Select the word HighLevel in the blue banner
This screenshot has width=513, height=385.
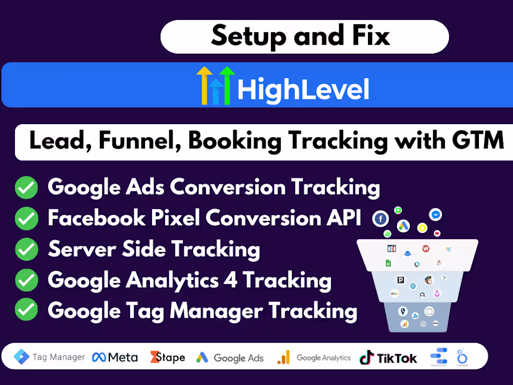click(x=303, y=90)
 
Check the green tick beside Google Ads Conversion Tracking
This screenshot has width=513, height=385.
click(x=26, y=188)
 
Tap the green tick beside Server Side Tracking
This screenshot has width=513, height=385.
click(x=26, y=249)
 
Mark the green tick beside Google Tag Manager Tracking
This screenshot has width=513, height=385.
click(x=26, y=310)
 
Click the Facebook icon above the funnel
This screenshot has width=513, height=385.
click(x=381, y=218)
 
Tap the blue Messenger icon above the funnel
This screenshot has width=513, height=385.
click(x=436, y=215)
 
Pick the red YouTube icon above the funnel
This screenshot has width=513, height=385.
click(x=437, y=233)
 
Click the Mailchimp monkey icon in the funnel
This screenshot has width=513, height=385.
click(x=428, y=280)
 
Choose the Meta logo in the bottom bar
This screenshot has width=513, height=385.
click(x=115, y=357)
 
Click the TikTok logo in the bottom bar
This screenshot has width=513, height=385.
click(x=388, y=358)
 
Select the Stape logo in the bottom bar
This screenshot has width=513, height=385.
click(x=167, y=357)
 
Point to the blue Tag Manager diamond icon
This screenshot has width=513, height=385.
click(x=21, y=357)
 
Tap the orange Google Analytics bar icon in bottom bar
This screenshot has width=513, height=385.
click(x=284, y=357)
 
